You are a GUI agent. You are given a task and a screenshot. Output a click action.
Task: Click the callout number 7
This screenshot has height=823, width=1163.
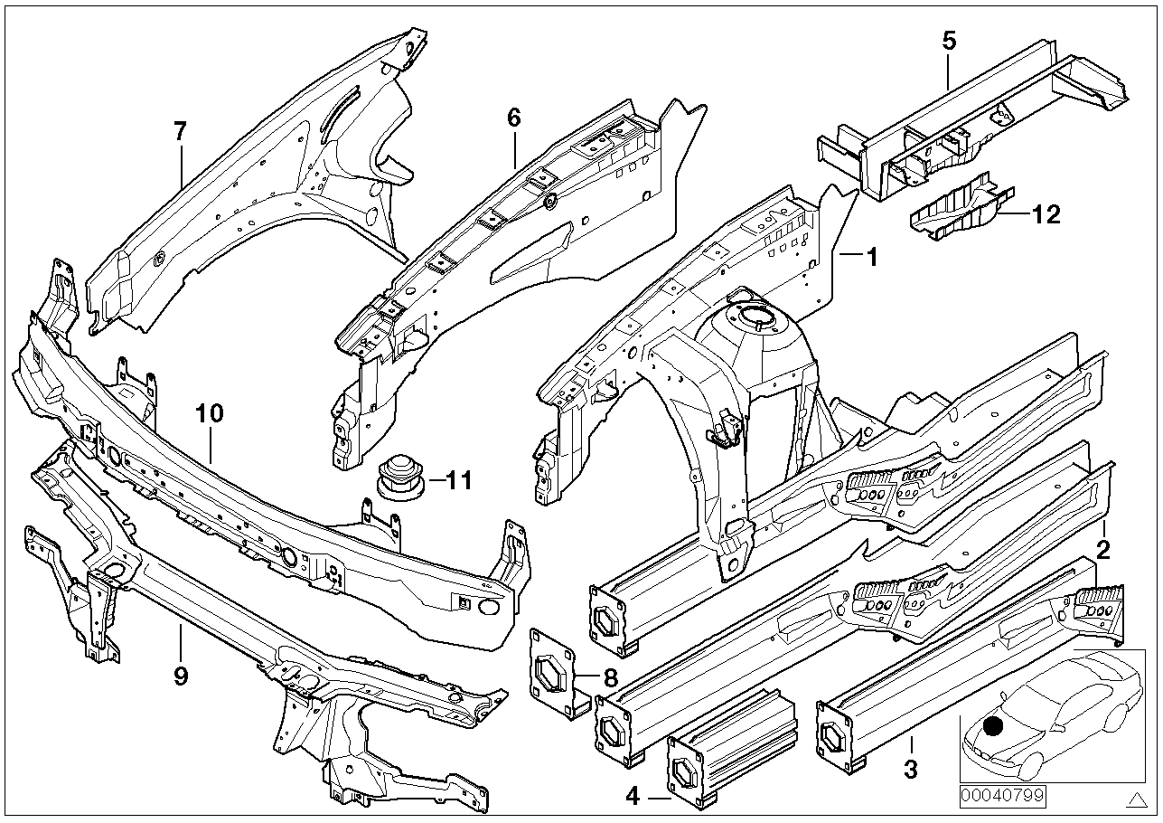pyautogui.click(x=180, y=132)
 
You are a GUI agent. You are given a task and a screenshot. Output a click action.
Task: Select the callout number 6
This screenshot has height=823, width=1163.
pyautogui.click(x=514, y=117)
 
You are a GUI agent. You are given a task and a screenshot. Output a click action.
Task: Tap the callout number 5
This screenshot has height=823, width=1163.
pyautogui.click(x=948, y=41)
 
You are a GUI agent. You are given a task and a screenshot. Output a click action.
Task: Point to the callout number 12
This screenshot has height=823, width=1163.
pyautogui.click(x=1046, y=214)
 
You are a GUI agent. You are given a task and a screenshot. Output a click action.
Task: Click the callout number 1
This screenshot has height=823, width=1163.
pyautogui.click(x=872, y=257)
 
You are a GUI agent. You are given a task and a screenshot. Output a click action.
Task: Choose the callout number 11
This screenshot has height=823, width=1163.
pyautogui.click(x=458, y=481)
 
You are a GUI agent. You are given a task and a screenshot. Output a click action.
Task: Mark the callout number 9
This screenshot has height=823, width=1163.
pyautogui.click(x=180, y=676)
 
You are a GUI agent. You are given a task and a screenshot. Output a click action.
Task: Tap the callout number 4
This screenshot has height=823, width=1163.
pyautogui.click(x=633, y=797)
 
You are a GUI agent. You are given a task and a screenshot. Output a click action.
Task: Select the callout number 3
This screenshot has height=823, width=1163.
pyautogui.click(x=911, y=770)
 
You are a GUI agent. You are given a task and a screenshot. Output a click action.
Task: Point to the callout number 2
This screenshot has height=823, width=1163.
pyautogui.click(x=1102, y=548)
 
